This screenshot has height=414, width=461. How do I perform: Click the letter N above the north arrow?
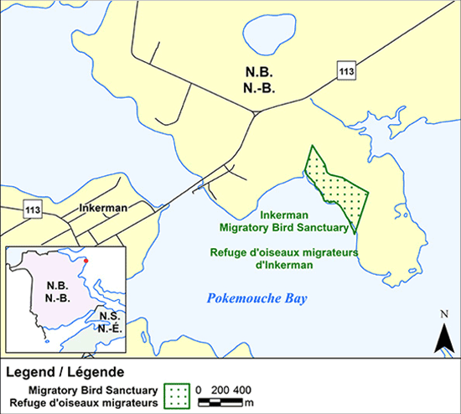(x=443, y=315)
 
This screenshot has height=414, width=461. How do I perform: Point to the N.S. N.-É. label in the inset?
(x=108, y=322)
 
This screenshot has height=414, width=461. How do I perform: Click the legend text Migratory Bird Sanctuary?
(x=93, y=391)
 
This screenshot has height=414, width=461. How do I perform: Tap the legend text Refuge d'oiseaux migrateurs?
(x=84, y=405)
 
